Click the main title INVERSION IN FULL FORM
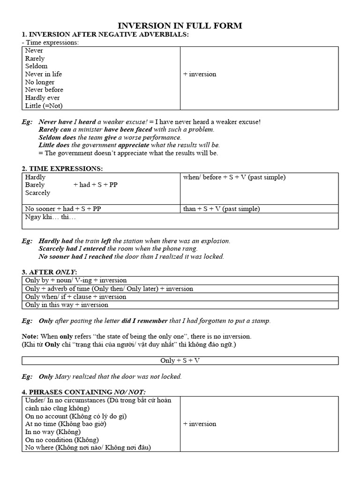[x=180, y=26]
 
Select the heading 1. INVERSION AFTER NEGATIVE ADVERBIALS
[x=105, y=34]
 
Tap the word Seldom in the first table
[x=36, y=66]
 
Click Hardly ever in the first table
[x=43, y=98]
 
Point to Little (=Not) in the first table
[x=44, y=106]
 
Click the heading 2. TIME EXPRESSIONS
[x=62, y=169]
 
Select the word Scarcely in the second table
[x=37, y=193]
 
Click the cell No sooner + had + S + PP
[x=63, y=209]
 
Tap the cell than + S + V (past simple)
[x=221, y=209]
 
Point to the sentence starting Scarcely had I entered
[x=118, y=249]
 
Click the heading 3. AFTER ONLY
[x=49, y=272]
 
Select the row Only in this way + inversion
[x=67, y=305]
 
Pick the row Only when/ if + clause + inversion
[x=75, y=297]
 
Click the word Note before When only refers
[x=30, y=337]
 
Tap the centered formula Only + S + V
[x=180, y=360]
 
